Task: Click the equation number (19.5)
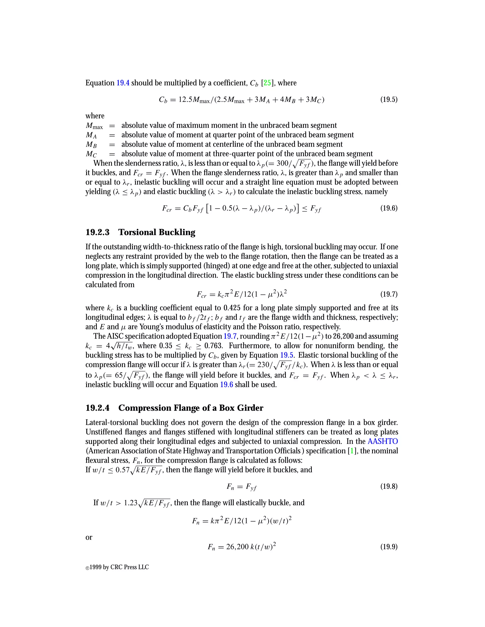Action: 389,100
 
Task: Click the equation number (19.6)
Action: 389,208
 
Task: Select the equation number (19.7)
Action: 389,294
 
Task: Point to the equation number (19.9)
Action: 389,547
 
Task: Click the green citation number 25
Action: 267,83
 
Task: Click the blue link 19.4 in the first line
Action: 123,83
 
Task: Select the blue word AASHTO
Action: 383,441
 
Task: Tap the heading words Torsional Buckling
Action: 157,232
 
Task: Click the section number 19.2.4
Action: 97,408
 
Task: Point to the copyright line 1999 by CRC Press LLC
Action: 117,567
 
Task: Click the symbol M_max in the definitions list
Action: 94,126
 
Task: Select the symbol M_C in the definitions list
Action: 91,154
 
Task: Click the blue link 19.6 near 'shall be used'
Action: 226,385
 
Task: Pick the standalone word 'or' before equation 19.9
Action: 89,537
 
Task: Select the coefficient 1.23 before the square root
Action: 131,503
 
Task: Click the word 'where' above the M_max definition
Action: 95,116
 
